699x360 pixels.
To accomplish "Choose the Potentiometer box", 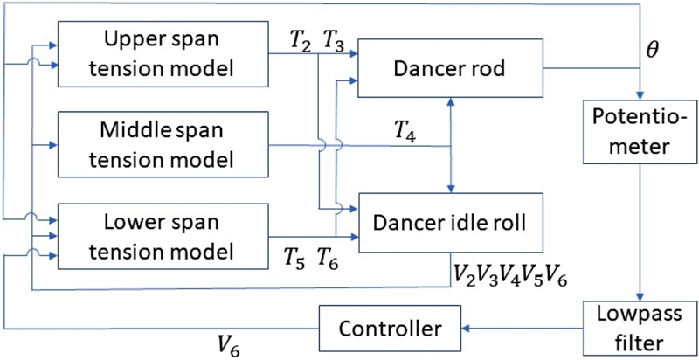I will tap(641, 133).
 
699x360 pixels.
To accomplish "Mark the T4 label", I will tap(405, 131).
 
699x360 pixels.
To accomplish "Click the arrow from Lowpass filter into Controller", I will tap(524, 329).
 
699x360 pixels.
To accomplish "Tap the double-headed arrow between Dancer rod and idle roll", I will tap(451, 144).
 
